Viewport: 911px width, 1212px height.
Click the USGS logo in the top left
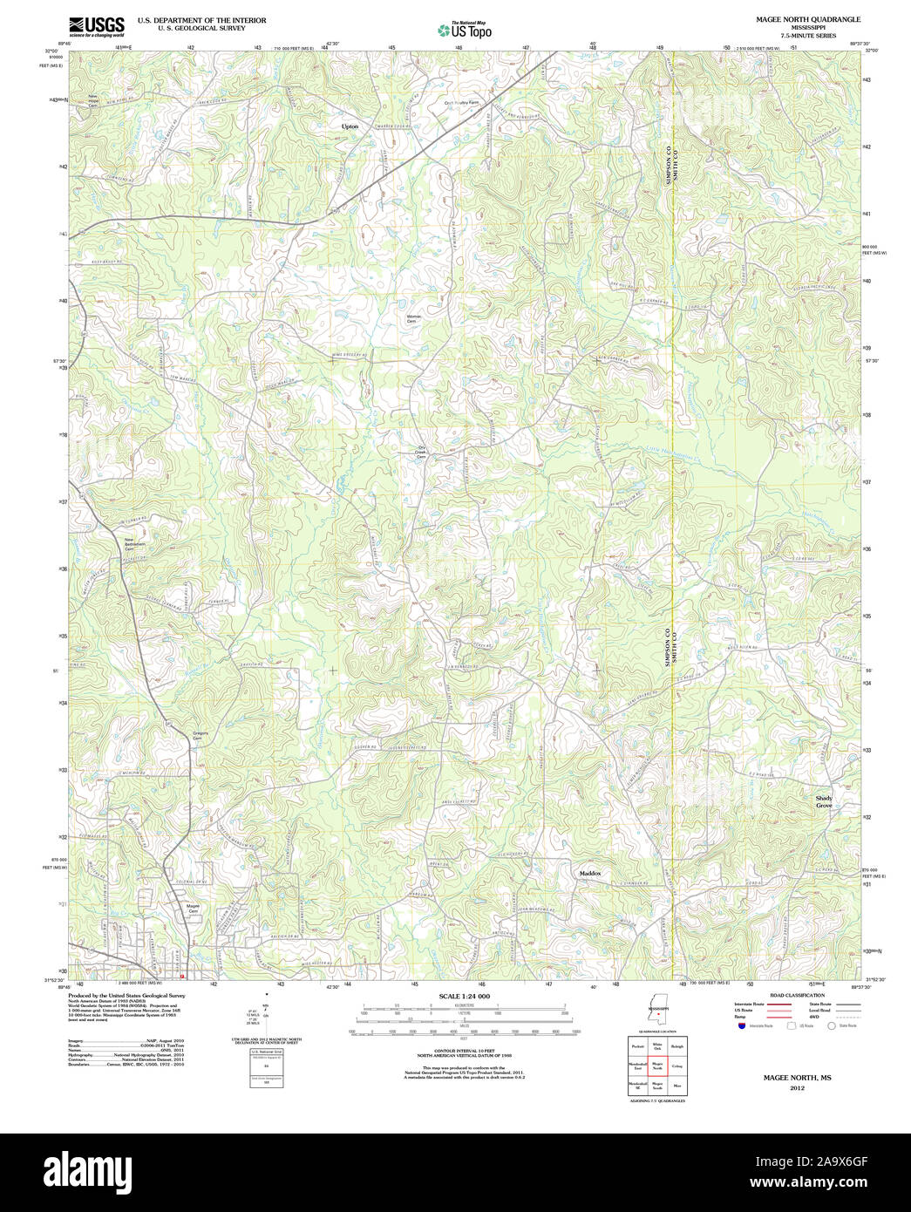coord(97,26)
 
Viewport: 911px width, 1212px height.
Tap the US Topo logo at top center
coord(465,31)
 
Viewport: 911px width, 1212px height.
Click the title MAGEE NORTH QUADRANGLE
coord(795,19)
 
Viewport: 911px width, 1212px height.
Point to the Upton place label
coord(350,126)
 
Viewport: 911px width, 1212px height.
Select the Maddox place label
coord(590,873)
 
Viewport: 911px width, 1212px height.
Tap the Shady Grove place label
coord(824,802)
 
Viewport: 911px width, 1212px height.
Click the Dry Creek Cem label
coord(421,453)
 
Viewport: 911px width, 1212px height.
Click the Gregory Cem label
coord(200,736)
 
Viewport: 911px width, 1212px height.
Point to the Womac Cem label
coord(414,319)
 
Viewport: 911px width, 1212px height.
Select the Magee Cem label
coord(194,909)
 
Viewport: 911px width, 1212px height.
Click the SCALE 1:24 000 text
coord(464,996)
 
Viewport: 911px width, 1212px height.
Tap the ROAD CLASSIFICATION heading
coord(797,995)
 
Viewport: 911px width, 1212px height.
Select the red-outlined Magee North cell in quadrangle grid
coord(657,1065)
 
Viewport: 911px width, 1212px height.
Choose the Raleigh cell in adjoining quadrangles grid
coord(677,1046)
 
